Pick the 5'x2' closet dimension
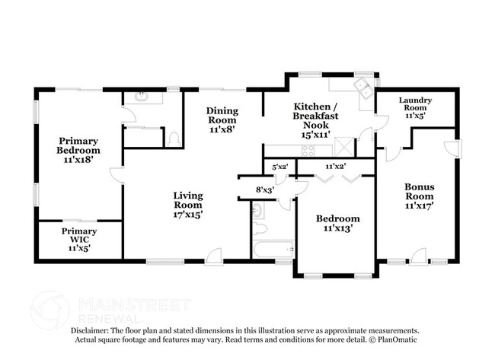(279, 165)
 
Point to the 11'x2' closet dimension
(335, 165)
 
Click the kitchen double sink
(363, 85)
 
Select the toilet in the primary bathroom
(174, 139)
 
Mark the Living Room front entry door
(215, 259)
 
